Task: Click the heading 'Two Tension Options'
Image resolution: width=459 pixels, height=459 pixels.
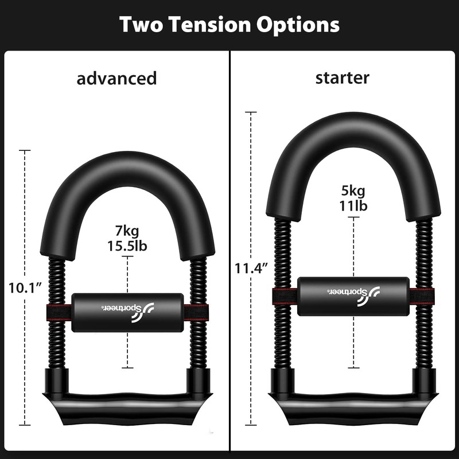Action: tap(229, 25)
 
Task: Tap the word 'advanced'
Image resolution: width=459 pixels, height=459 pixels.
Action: tap(116, 78)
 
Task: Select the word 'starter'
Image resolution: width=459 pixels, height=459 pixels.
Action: tap(342, 78)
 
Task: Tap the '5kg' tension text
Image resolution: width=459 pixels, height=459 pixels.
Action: tap(353, 191)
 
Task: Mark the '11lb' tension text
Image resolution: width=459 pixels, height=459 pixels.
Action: tap(353, 205)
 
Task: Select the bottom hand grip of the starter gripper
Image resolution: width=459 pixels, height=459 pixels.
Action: tap(353, 404)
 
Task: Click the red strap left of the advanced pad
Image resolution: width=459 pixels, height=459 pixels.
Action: tap(59, 313)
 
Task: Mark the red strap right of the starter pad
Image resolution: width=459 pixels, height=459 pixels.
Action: tap(422, 297)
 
